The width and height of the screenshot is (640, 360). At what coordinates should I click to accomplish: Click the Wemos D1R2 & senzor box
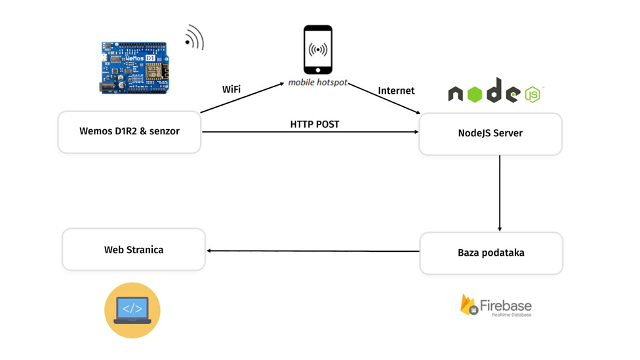[129, 132]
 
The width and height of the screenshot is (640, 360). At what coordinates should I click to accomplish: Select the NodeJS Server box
[490, 134]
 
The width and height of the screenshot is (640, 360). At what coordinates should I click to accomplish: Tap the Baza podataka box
[490, 253]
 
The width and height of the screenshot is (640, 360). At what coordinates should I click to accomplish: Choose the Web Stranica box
[134, 250]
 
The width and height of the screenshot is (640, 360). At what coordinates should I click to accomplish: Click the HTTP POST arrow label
[315, 124]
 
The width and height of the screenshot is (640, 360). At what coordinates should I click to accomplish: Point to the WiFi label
[231, 89]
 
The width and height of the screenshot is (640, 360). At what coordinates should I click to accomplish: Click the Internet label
[396, 90]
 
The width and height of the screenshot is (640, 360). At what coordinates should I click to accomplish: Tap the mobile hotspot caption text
[318, 83]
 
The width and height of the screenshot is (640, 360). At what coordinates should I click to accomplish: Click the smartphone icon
[317, 50]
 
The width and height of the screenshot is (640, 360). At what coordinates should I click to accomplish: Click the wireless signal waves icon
[195, 38]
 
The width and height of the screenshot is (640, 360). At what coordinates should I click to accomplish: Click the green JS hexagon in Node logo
[532, 95]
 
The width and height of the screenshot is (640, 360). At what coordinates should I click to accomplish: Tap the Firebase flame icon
[468, 305]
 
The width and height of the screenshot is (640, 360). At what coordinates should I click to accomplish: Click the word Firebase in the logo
[506, 305]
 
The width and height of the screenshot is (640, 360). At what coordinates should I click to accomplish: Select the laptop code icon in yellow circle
[132, 310]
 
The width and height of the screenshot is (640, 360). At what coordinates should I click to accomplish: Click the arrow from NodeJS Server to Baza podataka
[500, 193]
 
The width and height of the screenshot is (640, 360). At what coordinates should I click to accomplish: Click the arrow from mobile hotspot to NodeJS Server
[383, 99]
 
